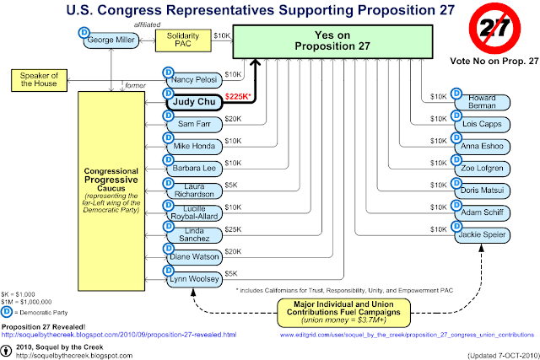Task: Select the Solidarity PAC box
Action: (183, 41)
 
